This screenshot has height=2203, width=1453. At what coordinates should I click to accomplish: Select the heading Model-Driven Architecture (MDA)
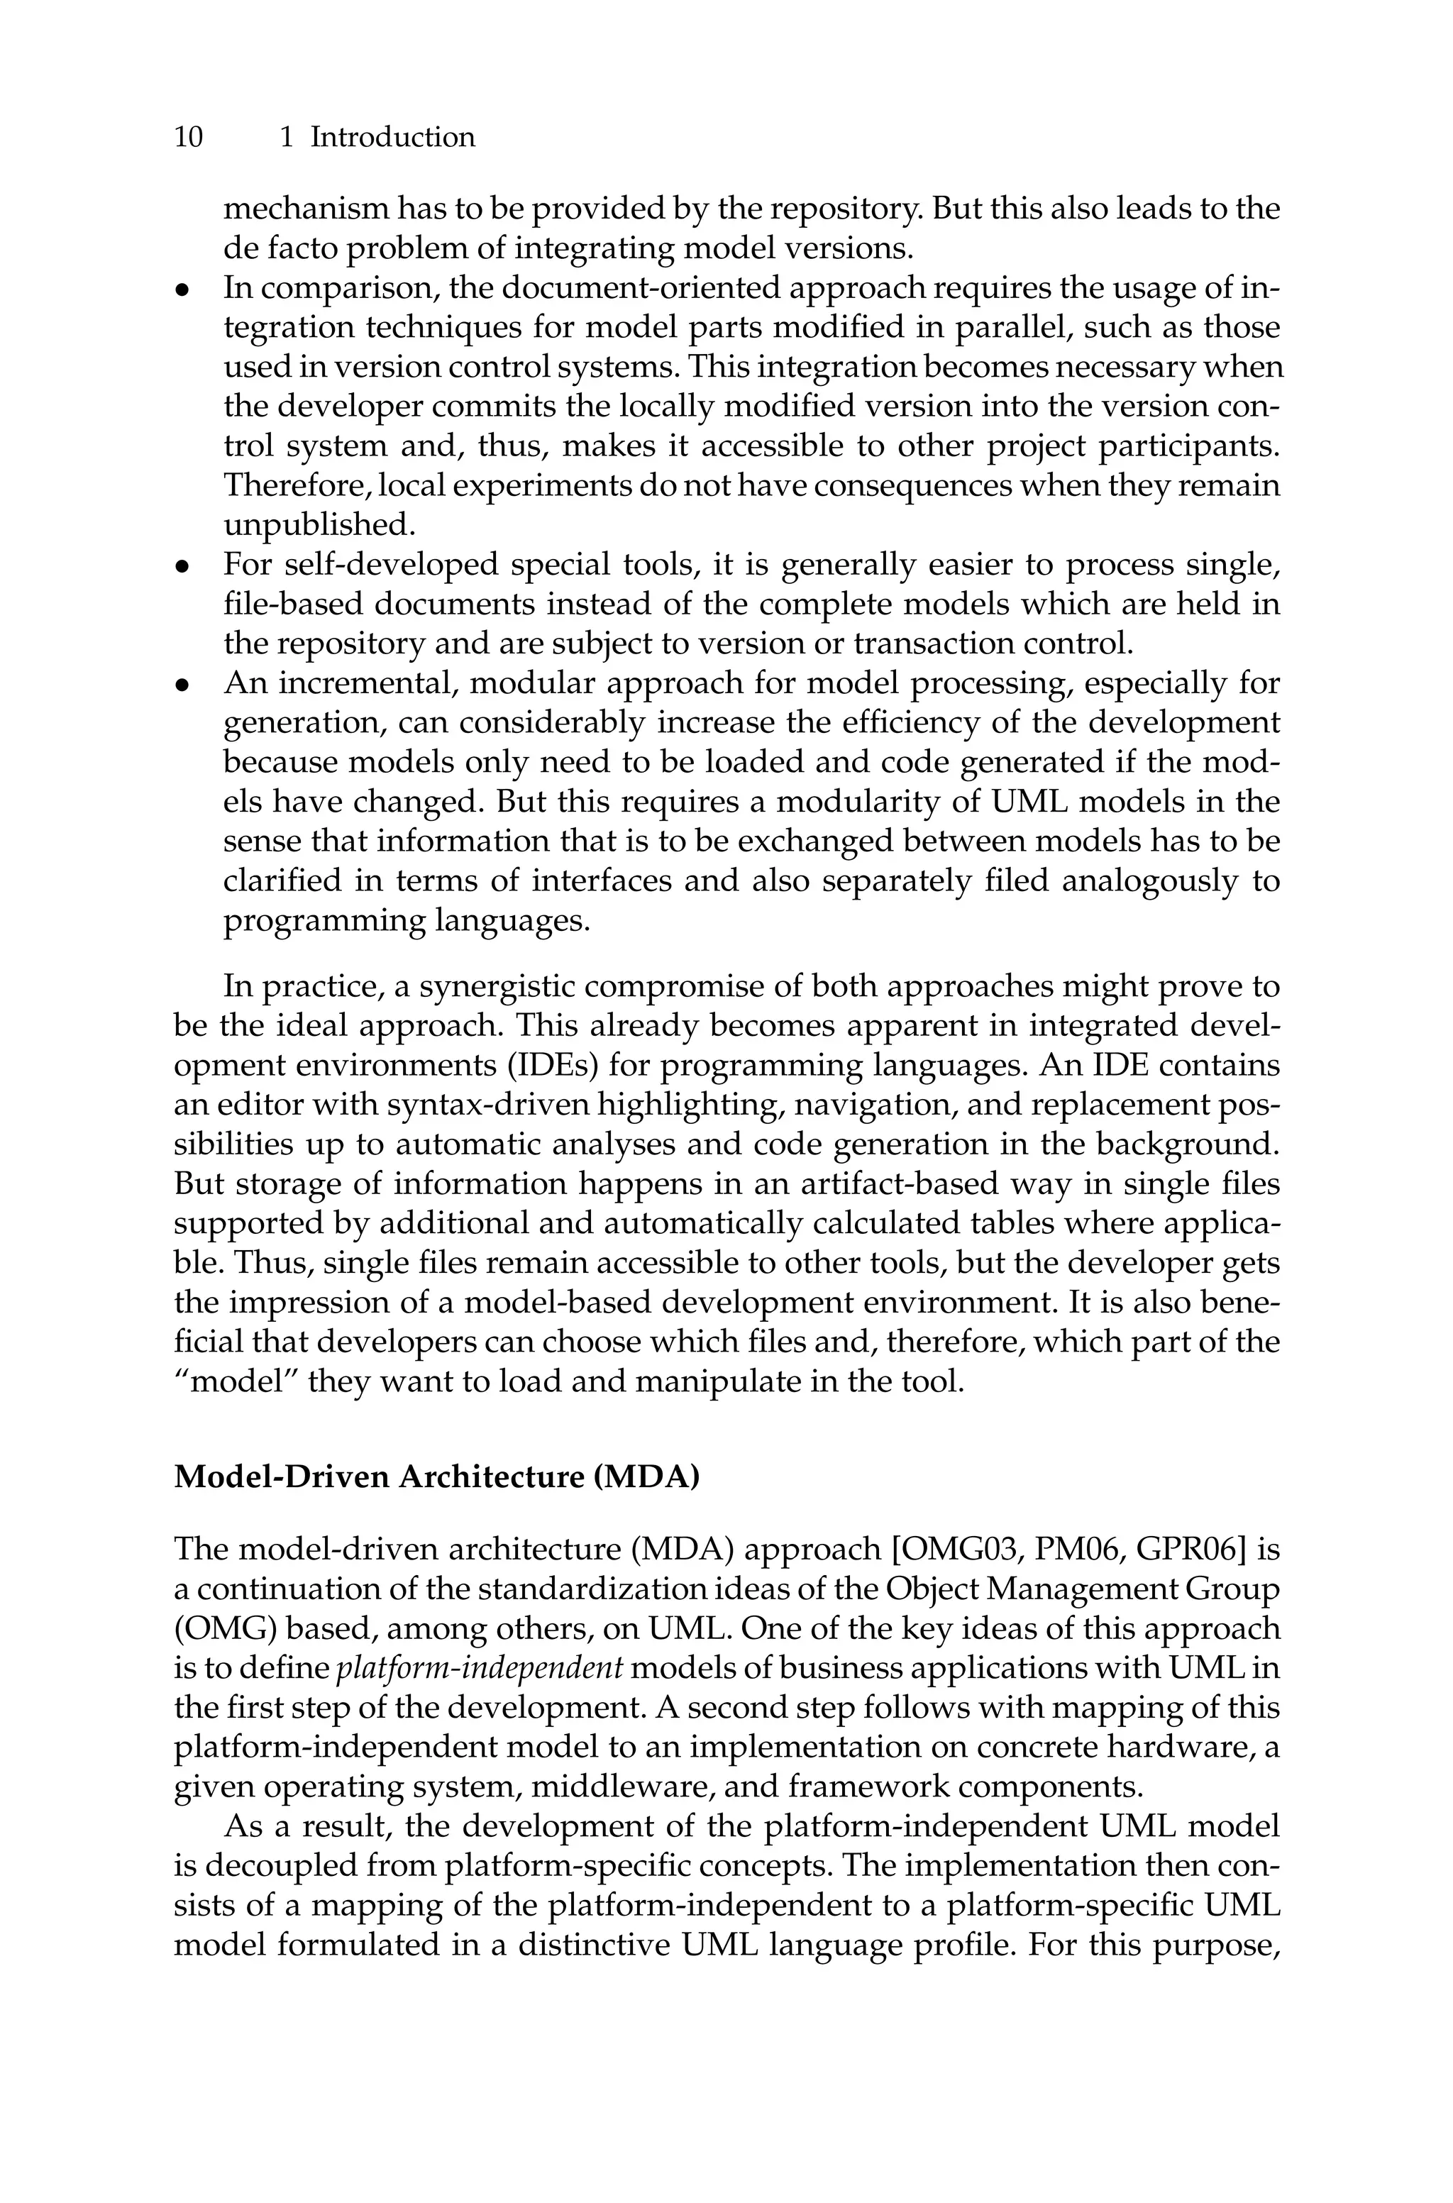click(436, 1476)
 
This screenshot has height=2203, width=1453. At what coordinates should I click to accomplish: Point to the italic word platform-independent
click(478, 1669)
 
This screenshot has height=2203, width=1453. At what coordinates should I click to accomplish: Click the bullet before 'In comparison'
click(184, 290)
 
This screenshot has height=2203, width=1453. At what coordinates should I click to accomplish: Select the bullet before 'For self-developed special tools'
click(184, 565)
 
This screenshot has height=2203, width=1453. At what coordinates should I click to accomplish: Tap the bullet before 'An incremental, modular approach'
click(184, 685)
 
